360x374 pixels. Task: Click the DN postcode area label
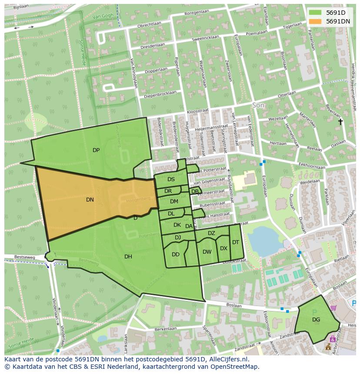[90, 200]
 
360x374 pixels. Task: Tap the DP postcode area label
[96, 150]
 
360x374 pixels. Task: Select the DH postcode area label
[128, 257]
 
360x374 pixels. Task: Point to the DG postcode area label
[316, 320]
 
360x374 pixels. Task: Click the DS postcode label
[171, 179]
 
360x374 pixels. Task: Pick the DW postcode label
[207, 252]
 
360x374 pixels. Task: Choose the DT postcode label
[235, 242]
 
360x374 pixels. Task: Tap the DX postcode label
[223, 248]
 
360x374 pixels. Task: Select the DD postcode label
[176, 255]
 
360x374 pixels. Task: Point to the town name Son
[258, 105]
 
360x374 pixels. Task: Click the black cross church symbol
[341, 122]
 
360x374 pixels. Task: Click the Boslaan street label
[233, 305]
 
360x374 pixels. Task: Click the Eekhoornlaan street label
[312, 166]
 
